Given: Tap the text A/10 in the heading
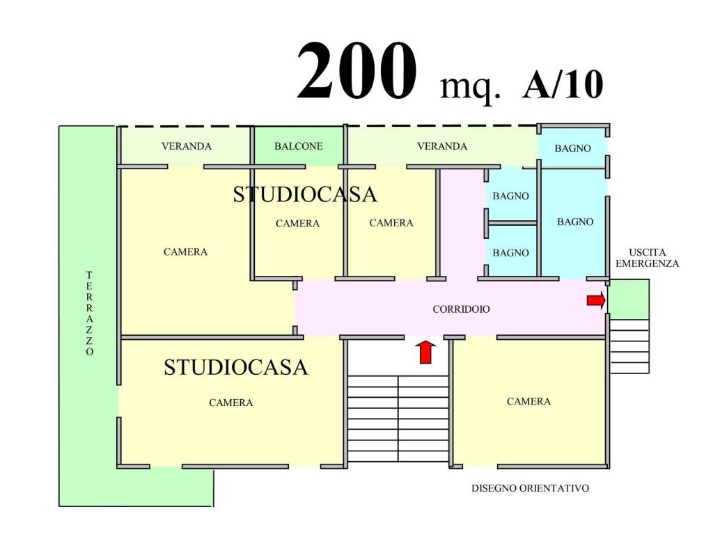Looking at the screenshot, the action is tap(563, 84).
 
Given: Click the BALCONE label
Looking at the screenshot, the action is tap(298, 146).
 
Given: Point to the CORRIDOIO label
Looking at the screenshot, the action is tap(461, 309).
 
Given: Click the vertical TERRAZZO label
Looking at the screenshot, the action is tap(90, 313).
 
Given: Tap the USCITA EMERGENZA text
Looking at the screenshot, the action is tap(647, 258).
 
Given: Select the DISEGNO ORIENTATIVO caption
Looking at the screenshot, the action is tap(530, 488).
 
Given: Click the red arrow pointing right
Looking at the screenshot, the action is tap(596, 300).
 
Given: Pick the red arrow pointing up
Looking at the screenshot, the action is tap(425, 352).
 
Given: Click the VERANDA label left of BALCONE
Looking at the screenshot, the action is tap(187, 146).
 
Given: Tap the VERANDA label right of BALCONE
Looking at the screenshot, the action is tap(442, 146).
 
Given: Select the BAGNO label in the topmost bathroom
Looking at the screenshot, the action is tap(572, 148).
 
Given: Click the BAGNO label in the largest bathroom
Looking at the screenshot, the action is tap(575, 222).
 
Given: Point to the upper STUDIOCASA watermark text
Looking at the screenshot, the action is tap(305, 194).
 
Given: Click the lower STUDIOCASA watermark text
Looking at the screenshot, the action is tap(235, 367).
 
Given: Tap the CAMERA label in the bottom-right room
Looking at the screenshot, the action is tap(528, 401).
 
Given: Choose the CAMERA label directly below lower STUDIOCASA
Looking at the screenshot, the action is tap(231, 403).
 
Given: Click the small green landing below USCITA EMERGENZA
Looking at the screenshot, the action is tap(629, 300).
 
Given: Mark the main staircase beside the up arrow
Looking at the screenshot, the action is tap(398, 419).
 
